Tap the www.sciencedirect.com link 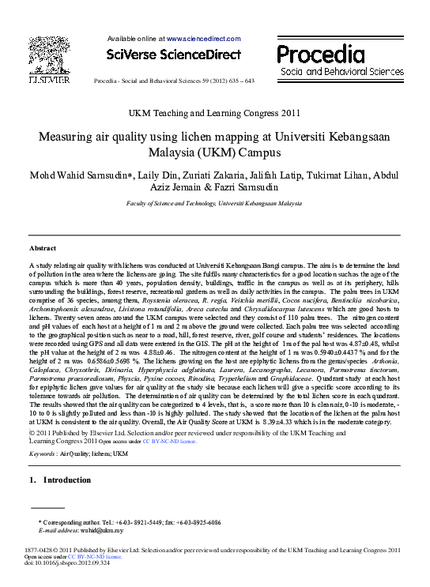pos(202,38)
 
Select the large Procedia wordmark pos(326,53)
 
